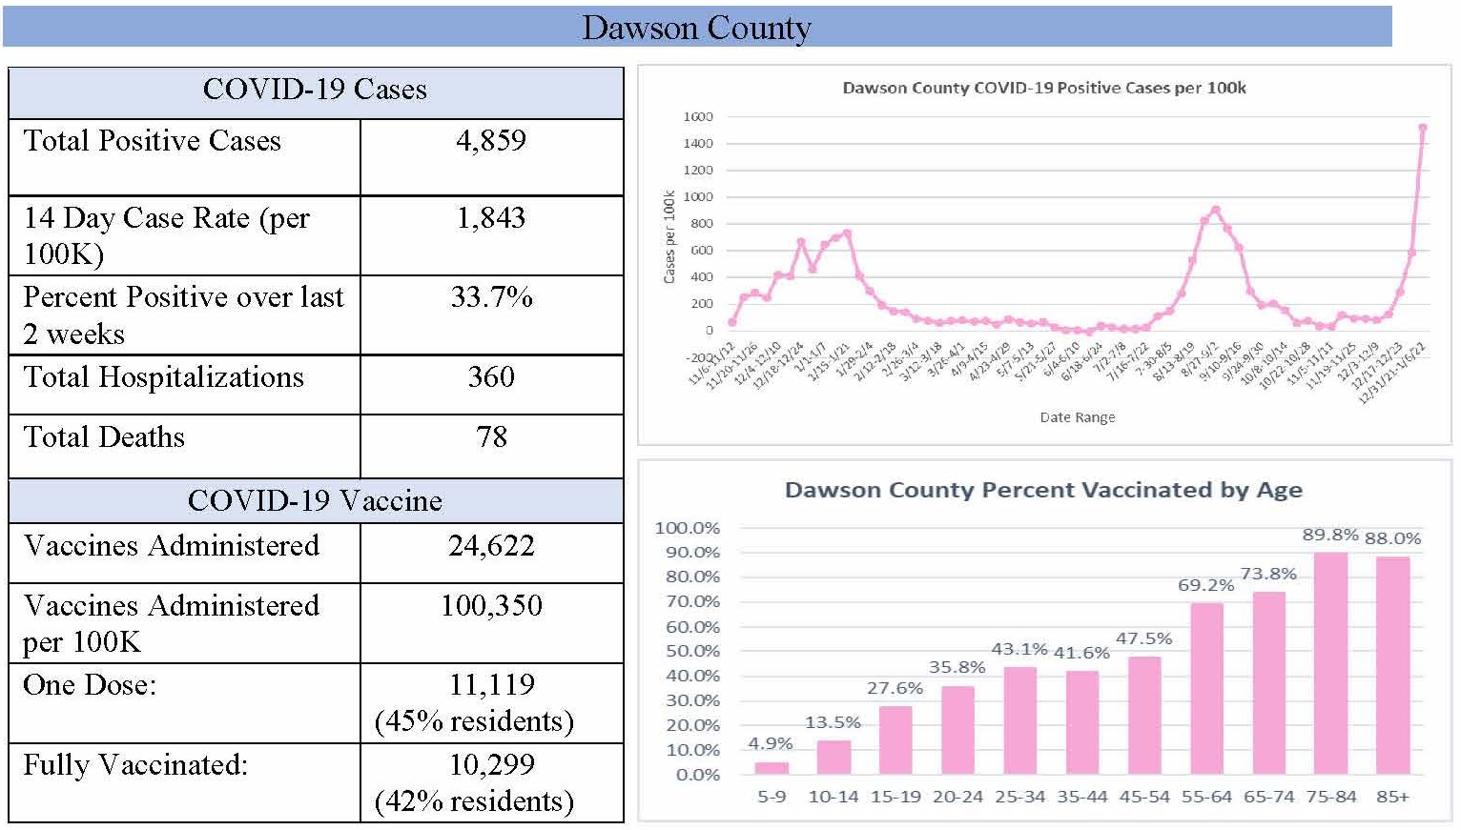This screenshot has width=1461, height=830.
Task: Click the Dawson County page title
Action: click(696, 28)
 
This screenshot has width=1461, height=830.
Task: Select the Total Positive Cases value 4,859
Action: click(491, 141)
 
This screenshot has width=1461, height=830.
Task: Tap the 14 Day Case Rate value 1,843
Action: click(491, 218)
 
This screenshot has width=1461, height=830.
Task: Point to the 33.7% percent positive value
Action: click(491, 297)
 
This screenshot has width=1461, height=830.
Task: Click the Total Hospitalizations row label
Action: click(164, 377)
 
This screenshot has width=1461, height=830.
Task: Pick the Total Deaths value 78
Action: click(491, 437)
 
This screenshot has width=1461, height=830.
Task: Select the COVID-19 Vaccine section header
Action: click(315, 501)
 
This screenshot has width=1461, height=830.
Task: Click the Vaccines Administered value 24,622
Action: click(491, 546)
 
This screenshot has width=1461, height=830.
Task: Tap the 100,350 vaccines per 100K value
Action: click(491, 606)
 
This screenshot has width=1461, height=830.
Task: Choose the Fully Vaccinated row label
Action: click(135, 765)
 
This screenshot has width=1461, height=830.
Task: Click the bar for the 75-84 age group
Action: click(1330, 663)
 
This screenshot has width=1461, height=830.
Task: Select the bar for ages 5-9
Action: click(772, 768)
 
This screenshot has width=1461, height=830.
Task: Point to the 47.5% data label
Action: click(1143, 638)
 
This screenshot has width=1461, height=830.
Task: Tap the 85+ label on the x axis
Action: click(1392, 797)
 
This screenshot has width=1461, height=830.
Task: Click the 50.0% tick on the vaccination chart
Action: click(692, 651)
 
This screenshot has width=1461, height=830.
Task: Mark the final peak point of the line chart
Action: click(1423, 128)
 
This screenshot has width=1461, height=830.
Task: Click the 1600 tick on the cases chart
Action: click(697, 116)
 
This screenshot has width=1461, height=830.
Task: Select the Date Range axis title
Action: click(1077, 417)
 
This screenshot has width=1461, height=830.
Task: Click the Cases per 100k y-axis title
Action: click(669, 236)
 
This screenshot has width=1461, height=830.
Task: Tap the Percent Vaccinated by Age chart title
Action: click(1043, 490)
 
